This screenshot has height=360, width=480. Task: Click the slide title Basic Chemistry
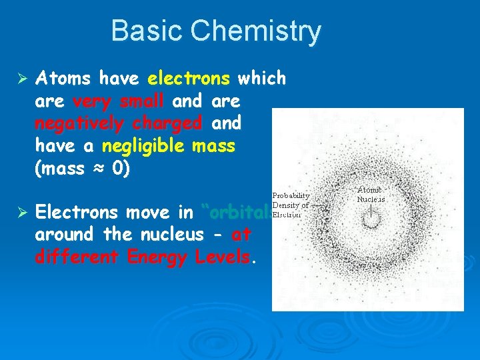[x=215, y=31]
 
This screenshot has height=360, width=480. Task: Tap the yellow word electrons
[x=189, y=79]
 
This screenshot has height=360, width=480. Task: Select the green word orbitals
[x=238, y=213]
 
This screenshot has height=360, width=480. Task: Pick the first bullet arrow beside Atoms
[x=20, y=79]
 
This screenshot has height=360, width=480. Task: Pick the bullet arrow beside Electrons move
[x=20, y=213]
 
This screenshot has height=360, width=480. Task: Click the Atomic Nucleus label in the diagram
[x=371, y=194]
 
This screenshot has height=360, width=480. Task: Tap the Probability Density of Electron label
[x=291, y=205]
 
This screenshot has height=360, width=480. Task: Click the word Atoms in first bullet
[x=63, y=79]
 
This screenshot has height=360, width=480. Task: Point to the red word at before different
[x=241, y=235]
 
